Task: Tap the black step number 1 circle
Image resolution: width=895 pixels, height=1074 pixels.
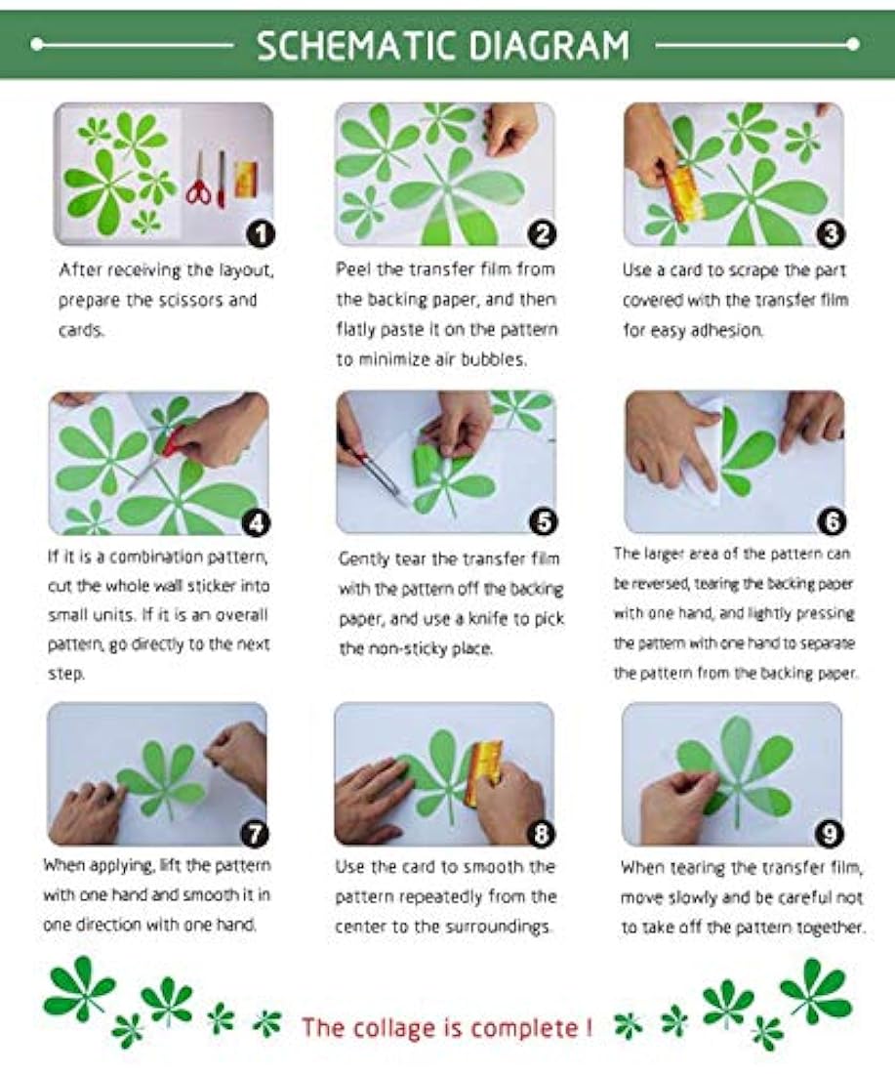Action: (261, 234)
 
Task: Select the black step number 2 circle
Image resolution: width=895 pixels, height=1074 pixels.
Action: (542, 234)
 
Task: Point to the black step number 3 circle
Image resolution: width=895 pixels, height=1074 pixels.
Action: (831, 234)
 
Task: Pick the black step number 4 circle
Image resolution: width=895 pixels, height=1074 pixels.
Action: (256, 523)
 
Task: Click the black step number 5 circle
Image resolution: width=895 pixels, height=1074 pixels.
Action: (543, 522)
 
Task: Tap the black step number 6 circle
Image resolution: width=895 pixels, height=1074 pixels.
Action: (832, 522)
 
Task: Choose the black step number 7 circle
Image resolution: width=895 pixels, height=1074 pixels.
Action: (255, 833)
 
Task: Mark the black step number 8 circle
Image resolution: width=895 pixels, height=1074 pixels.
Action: (541, 833)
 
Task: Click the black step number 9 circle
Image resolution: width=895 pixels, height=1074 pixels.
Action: (830, 833)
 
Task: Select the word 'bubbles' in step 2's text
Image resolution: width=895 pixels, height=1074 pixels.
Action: (492, 359)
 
